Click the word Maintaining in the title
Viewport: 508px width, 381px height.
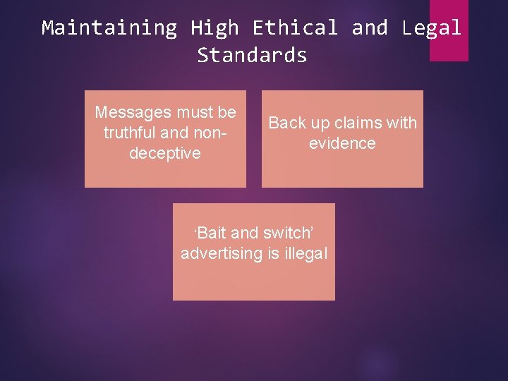tap(109, 28)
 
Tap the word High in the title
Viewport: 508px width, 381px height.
tap(214, 28)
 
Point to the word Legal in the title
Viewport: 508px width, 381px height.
tap(431, 28)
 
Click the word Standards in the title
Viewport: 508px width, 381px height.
tap(253, 55)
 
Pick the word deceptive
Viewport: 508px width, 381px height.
tap(165, 153)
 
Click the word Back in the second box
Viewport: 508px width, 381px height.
tap(286, 123)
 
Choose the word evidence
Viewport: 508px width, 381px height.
tap(342, 143)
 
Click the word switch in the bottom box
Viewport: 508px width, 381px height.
tap(286, 234)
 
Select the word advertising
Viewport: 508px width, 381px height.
tap(221, 254)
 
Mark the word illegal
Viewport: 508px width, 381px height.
tap(306, 254)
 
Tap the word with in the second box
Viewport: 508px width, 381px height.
tap(401, 123)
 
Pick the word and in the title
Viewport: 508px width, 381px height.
tap(369, 28)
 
